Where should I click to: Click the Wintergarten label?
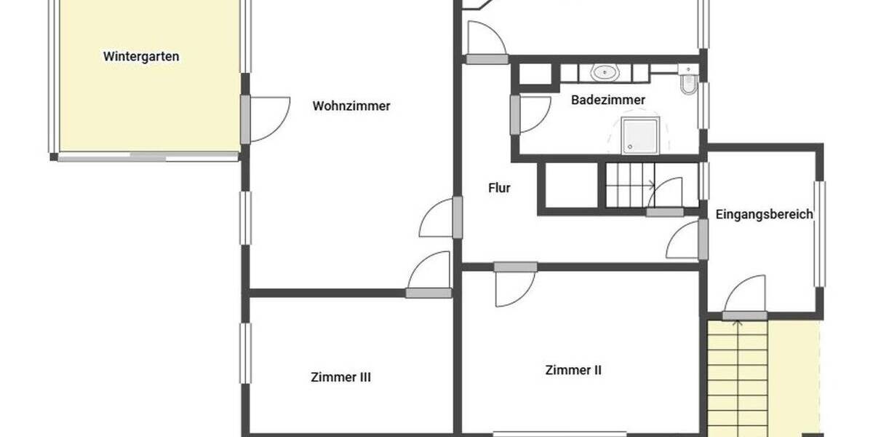(x=141, y=56)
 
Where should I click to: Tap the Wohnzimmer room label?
(x=351, y=106)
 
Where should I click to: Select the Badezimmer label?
(x=608, y=100)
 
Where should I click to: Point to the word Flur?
(x=499, y=188)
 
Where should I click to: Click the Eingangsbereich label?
(x=764, y=214)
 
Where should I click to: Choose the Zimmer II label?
(x=573, y=370)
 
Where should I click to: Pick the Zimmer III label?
(x=341, y=377)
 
